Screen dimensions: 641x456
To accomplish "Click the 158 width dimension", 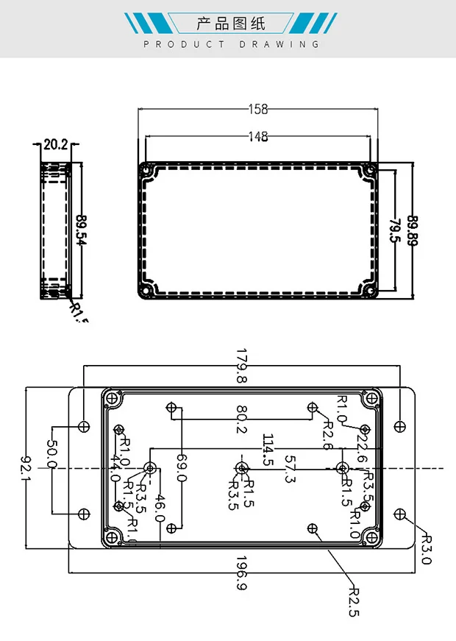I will pos(257,110).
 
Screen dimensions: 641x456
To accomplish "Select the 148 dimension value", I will pos(257,136).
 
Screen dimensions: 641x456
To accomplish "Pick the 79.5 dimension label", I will pos(394,230).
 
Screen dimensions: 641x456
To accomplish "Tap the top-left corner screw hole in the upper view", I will pos(146,171).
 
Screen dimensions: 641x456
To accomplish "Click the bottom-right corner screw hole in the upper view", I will pos(369,290).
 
